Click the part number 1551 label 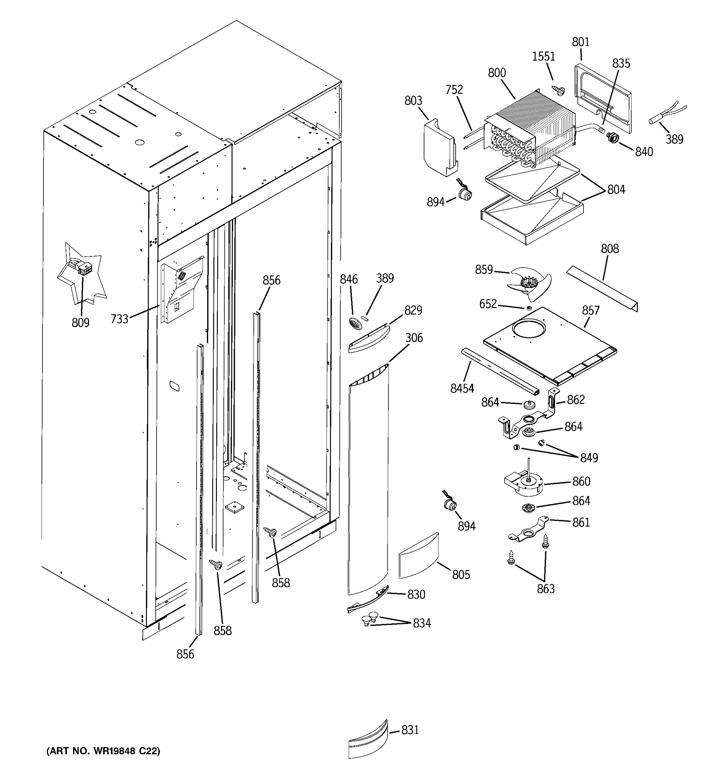tap(543, 57)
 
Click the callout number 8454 tap(462, 388)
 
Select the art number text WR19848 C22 tap(103, 751)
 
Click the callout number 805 tap(461, 574)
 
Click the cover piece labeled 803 tap(440, 148)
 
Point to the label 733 tap(119, 319)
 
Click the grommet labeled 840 tap(613, 137)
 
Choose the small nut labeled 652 tap(528, 308)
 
